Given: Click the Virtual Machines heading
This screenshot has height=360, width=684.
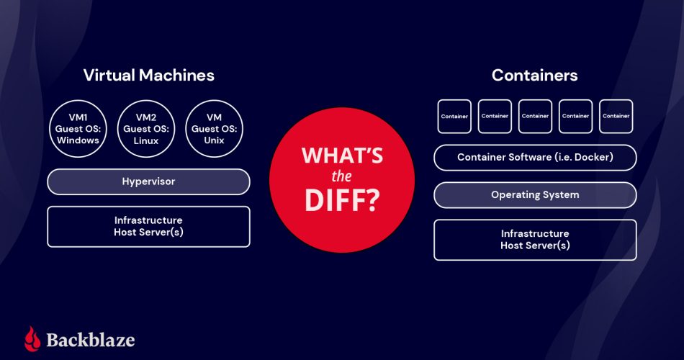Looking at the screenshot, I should coord(148,75).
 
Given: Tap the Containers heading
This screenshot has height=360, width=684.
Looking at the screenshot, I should coord(534,75).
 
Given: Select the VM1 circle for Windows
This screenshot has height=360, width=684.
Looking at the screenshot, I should coord(78,129).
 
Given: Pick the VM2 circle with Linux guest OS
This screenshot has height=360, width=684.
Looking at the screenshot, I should coord(146,129).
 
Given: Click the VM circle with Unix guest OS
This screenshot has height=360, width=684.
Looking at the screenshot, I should coord(215,129).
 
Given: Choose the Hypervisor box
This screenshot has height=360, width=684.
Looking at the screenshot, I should coord(148,181).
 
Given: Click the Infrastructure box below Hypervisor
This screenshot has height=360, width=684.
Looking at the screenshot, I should coord(148,226).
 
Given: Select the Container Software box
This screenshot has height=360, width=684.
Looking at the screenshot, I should coord(535,157).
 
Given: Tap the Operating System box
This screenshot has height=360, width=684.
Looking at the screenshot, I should coord(535,194).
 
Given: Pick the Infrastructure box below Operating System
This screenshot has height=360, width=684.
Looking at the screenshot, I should coord(535,239).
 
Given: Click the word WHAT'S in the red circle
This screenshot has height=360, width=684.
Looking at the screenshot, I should coord(342,156).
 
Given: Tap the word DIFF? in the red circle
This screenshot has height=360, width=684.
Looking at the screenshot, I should coord(342,200).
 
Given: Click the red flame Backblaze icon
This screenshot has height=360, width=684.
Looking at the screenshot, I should coord(32,339).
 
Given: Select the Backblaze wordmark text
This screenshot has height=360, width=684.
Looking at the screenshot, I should coord(91,340).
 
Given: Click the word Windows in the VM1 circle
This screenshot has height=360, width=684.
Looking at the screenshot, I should coord(78,140).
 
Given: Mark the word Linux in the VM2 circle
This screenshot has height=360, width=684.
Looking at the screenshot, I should coord(146,140).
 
